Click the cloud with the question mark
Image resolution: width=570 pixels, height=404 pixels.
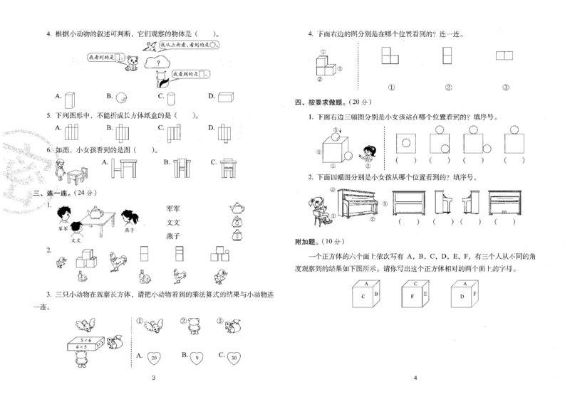[x=155, y=63]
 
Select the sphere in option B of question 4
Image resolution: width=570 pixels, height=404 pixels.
[x=122, y=96]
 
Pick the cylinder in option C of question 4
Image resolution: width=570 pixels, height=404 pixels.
[x=163, y=98]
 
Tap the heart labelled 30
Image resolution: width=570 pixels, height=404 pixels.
[x=236, y=357]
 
